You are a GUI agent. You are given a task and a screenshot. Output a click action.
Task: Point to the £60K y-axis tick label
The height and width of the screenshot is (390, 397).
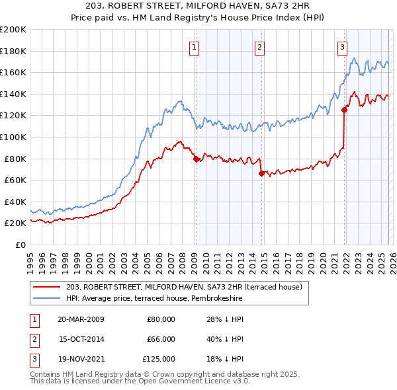pos(15,180)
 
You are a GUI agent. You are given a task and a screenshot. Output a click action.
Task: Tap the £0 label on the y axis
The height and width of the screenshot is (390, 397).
pos(20,245)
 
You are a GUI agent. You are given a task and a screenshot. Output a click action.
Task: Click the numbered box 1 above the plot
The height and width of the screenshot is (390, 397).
pos(195,47)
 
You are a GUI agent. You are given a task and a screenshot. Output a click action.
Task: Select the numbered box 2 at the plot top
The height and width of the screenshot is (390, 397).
pos(259,47)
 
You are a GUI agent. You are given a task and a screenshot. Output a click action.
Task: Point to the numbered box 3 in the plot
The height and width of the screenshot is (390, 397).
pos(342,47)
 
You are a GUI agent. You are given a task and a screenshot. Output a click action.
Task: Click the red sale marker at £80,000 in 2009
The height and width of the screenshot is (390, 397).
pos(196,159)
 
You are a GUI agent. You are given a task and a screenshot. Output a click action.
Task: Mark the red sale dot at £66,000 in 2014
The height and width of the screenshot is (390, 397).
pos(261,174)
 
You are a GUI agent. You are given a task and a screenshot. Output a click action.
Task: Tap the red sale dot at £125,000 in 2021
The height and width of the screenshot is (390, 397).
pos(345,110)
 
